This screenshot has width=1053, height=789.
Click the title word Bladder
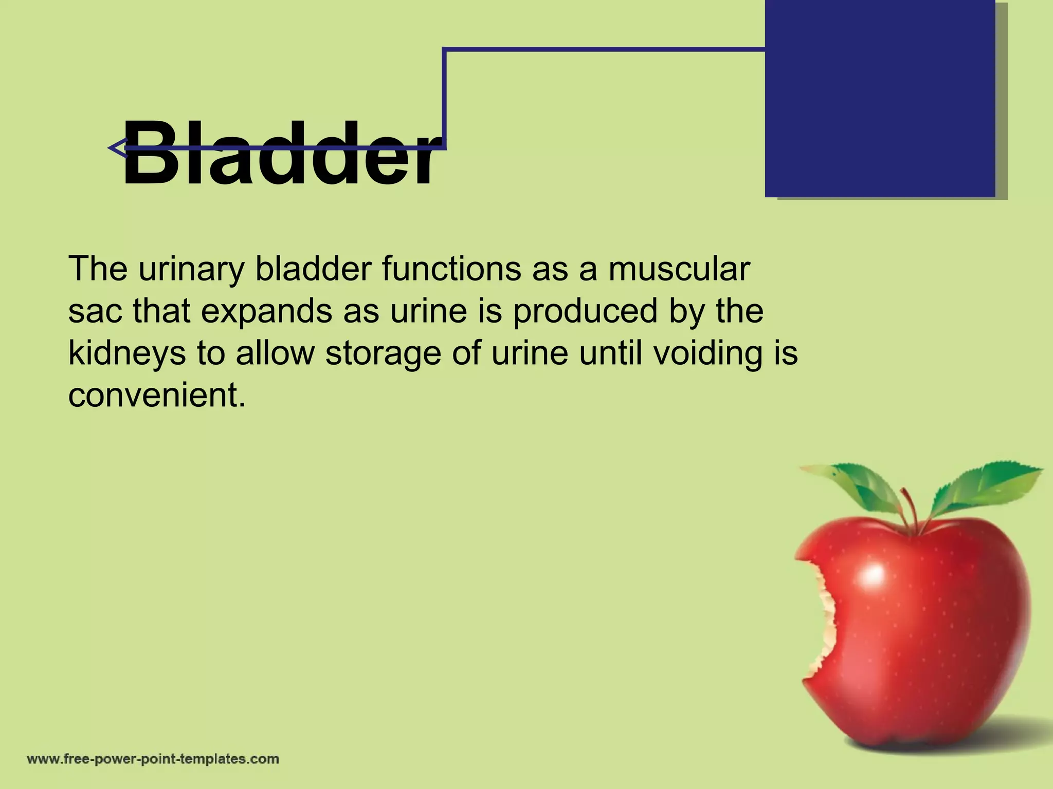(x=281, y=154)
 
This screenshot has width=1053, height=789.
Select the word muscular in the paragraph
(x=679, y=269)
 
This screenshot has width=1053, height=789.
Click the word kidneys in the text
(x=127, y=354)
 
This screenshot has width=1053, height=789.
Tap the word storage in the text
(x=383, y=354)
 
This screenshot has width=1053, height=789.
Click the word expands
(x=267, y=312)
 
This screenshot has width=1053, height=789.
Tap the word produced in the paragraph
(x=585, y=312)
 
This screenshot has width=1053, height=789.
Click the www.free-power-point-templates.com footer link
(x=153, y=759)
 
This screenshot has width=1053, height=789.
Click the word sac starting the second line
(x=95, y=312)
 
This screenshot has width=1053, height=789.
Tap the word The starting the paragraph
(x=98, y=269)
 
